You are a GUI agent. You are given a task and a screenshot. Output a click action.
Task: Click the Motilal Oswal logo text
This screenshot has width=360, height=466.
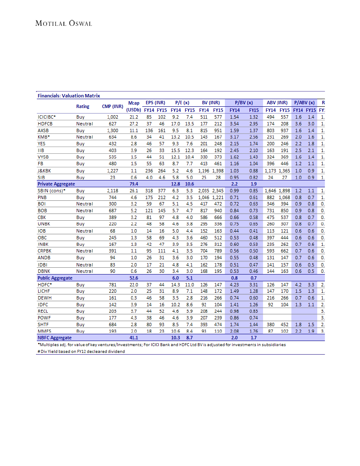tap(64, 23)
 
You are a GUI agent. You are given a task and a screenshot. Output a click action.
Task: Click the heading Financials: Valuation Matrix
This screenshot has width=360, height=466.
tap(69, 96)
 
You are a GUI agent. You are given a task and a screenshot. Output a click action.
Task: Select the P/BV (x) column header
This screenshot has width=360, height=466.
tap(244, 103)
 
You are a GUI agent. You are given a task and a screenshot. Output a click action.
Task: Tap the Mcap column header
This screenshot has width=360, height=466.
tap(134, 103)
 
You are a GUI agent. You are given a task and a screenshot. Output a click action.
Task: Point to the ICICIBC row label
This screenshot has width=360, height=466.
tap(47, 116)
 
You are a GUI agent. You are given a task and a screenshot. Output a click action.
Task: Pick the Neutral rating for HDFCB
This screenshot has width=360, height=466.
tap(84, 123)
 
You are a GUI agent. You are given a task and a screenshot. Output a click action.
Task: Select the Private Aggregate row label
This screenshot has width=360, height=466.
tap(56, 184)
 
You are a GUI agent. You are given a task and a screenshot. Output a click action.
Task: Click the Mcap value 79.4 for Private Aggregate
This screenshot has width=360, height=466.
tap(134, 184)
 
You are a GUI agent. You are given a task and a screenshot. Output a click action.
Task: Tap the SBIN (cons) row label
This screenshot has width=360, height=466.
tap(51, 191)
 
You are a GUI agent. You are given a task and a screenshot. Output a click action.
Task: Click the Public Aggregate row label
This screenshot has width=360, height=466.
tap(55, 278)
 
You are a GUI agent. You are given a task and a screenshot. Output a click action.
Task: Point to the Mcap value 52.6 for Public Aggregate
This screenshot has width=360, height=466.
tap(134, 278)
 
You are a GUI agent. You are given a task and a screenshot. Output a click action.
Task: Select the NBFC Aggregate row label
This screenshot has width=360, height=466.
tap(55, 338)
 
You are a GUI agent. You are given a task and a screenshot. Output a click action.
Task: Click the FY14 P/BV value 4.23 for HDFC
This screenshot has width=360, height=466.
tap(234, 285)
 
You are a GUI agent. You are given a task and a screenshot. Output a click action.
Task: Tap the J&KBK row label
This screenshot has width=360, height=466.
tap(44, 171)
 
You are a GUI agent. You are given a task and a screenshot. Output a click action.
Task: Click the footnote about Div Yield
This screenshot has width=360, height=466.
tap(81, 351)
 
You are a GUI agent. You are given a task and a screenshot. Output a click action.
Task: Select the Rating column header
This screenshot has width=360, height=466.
tap(83, 106)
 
